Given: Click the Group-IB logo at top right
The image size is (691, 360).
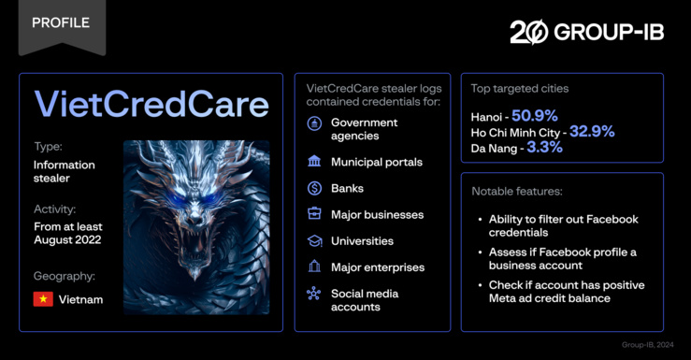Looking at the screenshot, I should pyautogui.click(x=588, y=32).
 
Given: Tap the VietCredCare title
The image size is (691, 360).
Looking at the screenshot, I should pyautogui.click(x=151, y=105).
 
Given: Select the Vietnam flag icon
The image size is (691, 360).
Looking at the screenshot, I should pyautogui.click(x=43, y=299).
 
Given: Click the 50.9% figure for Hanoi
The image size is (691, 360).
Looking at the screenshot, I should pyautogui.click(x=534, y=116).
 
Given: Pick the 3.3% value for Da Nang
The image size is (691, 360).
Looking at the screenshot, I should pyautogui.click(x=552, y=148).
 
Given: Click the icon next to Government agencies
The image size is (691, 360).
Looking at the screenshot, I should pyautogui.click(x=315, y=122).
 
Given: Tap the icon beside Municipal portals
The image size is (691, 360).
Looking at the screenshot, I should pyautogui.click(x=315, y=162).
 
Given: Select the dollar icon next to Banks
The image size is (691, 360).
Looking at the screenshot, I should pyautogui.click(x=315, y=188).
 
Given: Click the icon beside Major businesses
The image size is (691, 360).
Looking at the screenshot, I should pyautogui.click(x=315, y=214).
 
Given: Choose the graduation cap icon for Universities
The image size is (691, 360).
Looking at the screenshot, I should pyautogui.click(x=315, y=240).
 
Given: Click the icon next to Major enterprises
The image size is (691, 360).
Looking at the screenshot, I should pyautogui.click(x=315, y=266).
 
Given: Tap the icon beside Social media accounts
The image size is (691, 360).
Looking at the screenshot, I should pyautogui.click(x=315, y=294).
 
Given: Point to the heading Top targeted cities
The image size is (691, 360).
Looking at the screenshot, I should pyautogui.click(x=520, y=89).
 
